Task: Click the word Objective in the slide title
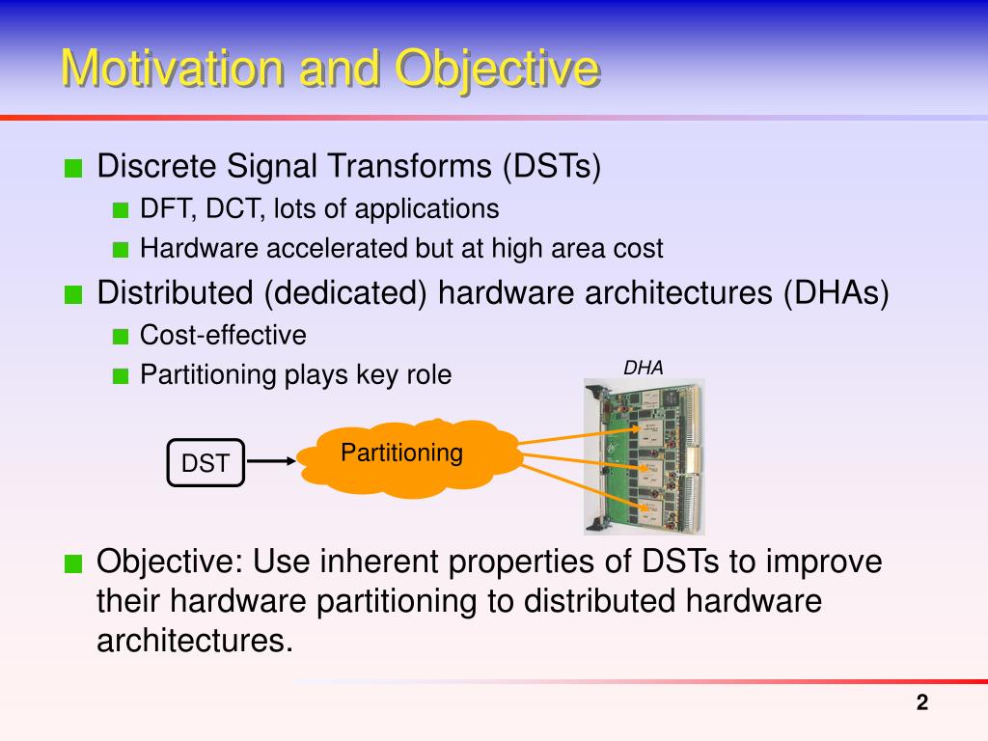[497, 69]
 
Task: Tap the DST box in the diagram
[206, 463]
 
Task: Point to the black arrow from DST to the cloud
[271, 461]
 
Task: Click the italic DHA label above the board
[643, 368]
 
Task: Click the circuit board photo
[644, 456]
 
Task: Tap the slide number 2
[921, 702]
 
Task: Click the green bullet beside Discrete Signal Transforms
[73, 169]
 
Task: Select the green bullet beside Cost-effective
[121, 337]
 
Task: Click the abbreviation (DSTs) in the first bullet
[551, 167]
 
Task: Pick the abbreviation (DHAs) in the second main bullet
[836, 293]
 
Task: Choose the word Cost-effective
[223, 335]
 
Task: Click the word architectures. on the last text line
[195, 642]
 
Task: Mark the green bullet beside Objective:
[73, 563]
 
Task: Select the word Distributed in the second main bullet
[176, 293]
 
